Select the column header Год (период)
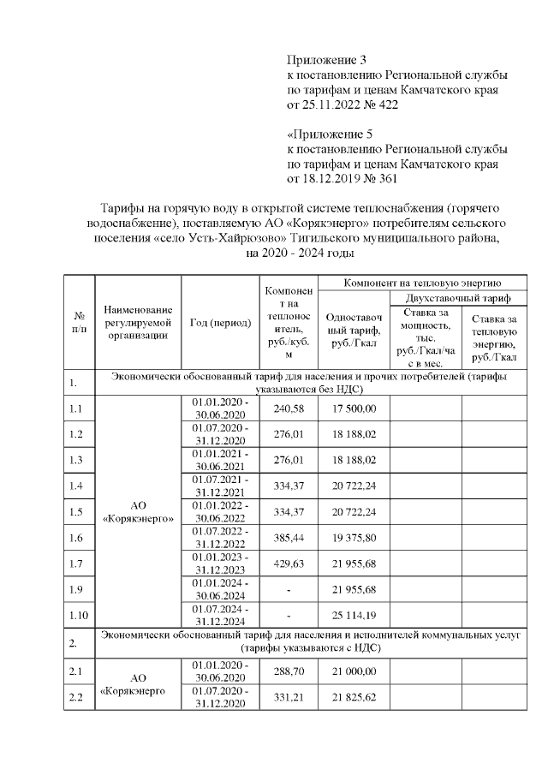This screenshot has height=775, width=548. (220, 323)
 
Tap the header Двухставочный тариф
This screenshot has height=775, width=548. (458, 299)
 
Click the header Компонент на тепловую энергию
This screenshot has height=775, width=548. (422, 282)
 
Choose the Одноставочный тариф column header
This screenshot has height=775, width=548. (354, 326)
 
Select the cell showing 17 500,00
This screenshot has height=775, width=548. (354, 408)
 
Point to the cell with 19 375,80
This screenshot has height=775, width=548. (354, 538)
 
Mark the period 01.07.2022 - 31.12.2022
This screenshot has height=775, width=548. (220, 538)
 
